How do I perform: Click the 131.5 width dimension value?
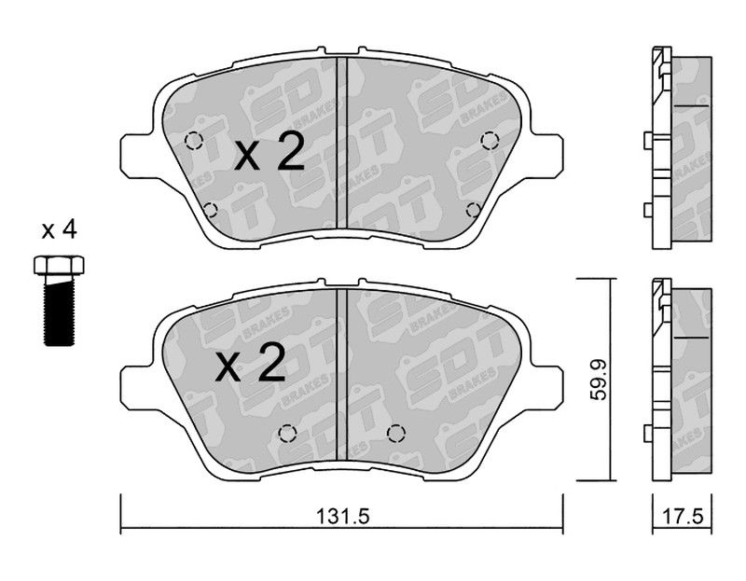pyautogui.click(x=342, y=516)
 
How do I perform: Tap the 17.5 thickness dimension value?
pyautogui.click(x=684, y=516)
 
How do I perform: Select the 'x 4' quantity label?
pyautogui.click(x=59, y=231)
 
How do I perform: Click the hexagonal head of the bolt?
pyautogui.click(x=59, y=265)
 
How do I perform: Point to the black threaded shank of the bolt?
pyautogui.click(x=60, y=310)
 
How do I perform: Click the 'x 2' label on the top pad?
pyautogui.click(x=269, y=151)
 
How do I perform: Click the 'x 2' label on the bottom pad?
pyautogui.click(x=250, y=363)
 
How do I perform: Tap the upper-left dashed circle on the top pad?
pyautogui.click(x=194, y=141)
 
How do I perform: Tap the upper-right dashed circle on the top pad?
pyautogui.click(x=490, y=141)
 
